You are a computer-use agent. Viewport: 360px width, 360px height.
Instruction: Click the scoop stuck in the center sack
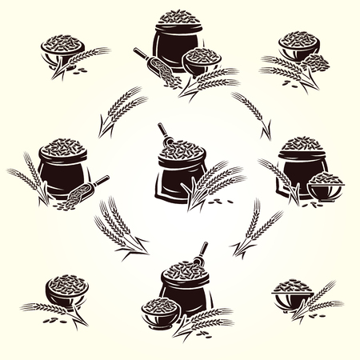(x=164, y=134)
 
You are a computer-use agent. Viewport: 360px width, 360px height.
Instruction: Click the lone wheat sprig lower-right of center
(x=254, y=228)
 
